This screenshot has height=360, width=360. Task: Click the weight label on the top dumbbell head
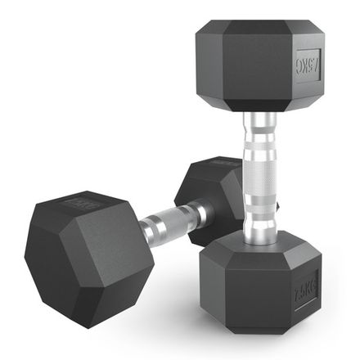[x=307, y=63]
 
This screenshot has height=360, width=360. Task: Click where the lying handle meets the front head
[x=145, y=232]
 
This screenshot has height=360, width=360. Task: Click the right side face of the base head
[x=306, y=291]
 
